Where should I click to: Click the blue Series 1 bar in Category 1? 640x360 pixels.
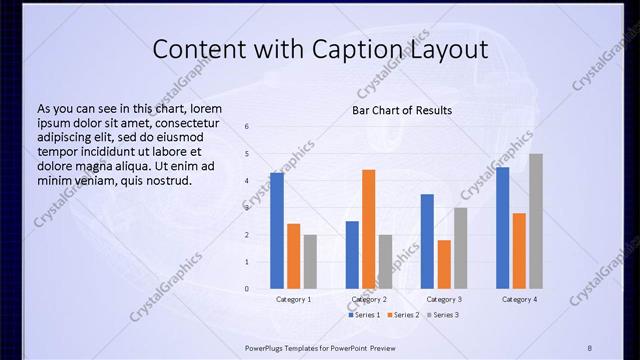click(277, 231)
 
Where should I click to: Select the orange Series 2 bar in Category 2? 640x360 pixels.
click(368, 229)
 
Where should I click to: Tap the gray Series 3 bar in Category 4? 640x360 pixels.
click(536, 221)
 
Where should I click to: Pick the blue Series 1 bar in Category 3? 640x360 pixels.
click(427, 241)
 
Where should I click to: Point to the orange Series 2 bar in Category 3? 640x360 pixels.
click(443, 264)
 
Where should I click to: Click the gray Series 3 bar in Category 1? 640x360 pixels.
click(310, 262)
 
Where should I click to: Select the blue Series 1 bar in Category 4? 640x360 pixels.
click(502, 228)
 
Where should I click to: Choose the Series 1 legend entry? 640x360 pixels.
click(364, 315)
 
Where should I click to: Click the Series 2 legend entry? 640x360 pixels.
click(401, 315)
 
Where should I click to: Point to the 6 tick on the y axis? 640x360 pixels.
click(247, 127)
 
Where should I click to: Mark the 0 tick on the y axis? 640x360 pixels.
click(247, 289)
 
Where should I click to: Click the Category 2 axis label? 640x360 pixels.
click(369, 299)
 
